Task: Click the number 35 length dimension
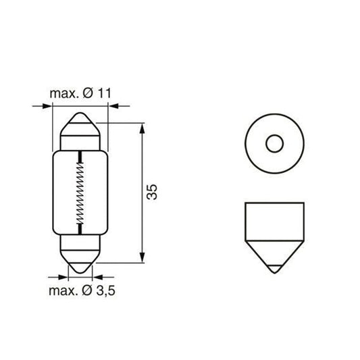[152, 192]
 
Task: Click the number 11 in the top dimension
[105, 93]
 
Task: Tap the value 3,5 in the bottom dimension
[105, 291]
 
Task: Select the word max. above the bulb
[65, 94]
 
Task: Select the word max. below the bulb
[63, 291]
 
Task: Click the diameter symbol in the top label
[88, 93]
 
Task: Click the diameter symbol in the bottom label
[87, 291]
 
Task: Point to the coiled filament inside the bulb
[80, 193]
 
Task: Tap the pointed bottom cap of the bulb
[80, 262]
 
